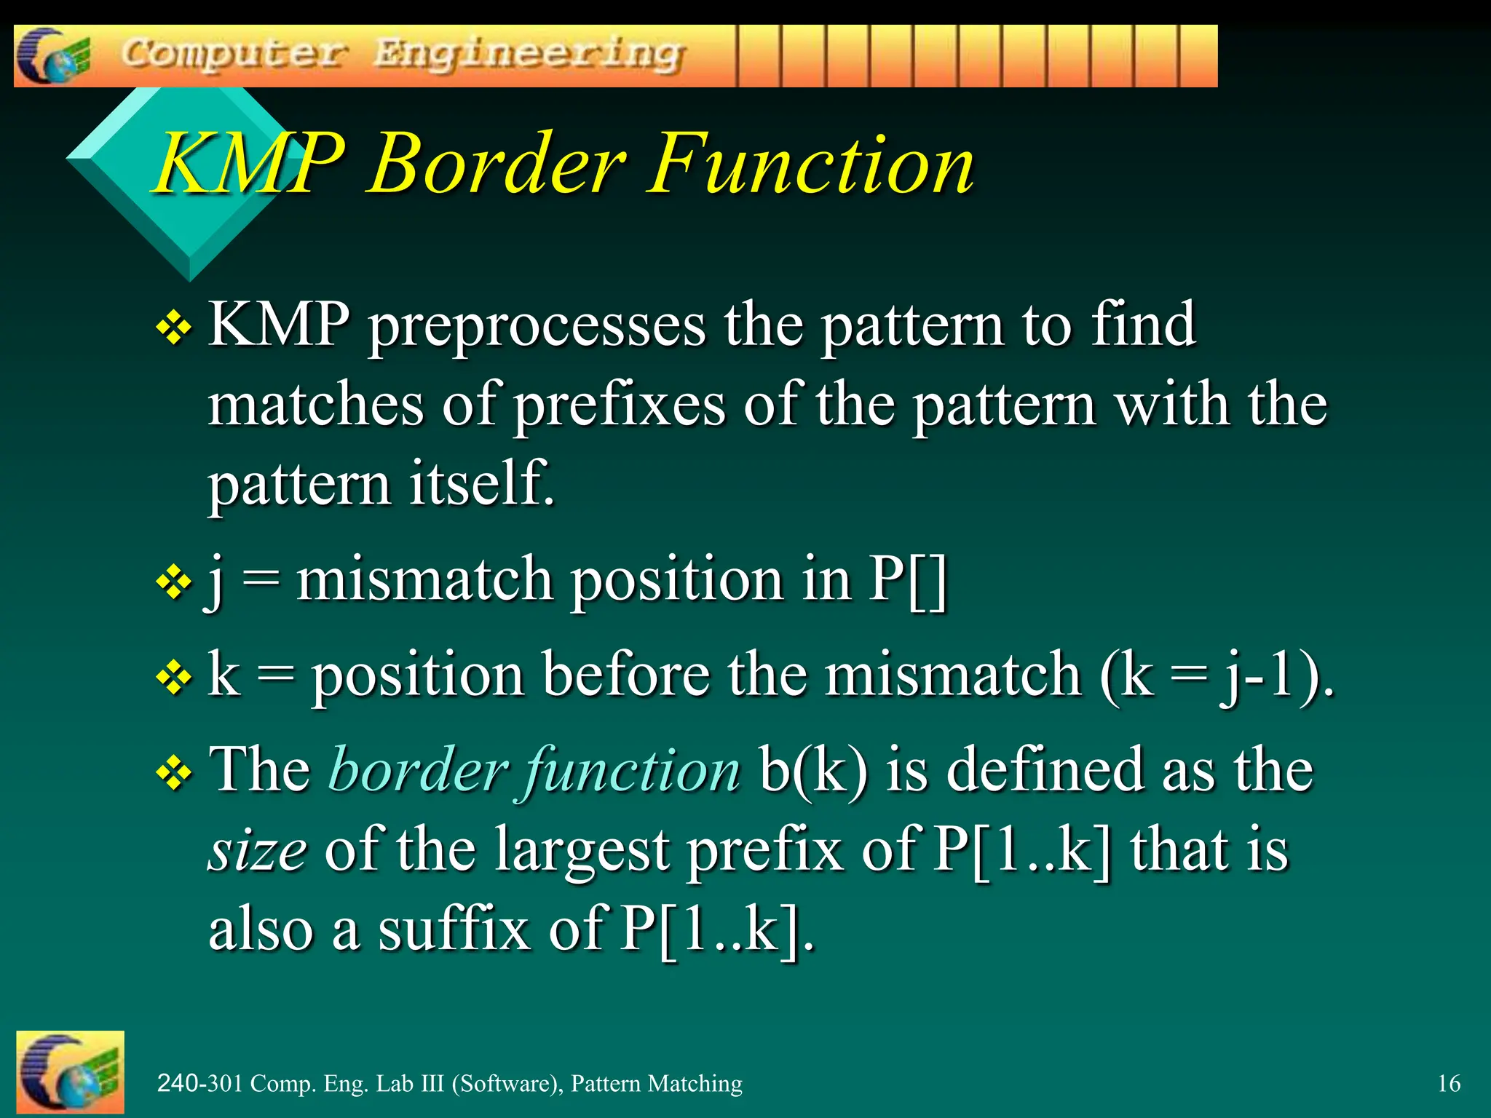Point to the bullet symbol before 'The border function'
[x=174, y=774]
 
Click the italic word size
[x=257, y=850]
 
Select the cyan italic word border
[x=419, y=770]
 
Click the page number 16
[x=1449, y=1083]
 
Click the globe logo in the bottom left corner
[x=70, y=1072]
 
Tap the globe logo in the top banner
[x=52, y=56]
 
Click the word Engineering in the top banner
[x=529, y=55]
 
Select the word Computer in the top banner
[x=234, y=55]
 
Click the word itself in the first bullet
[x=480, y=483]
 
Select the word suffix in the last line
[x=454, y=930]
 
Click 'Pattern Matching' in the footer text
[x=656, y=1083]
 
